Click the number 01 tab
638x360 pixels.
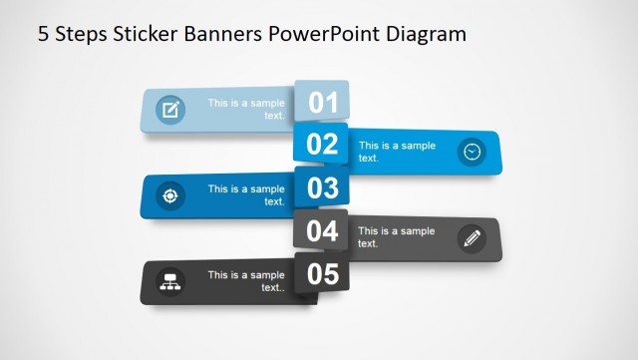pos(322,101)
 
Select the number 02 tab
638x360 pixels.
pos(322,144)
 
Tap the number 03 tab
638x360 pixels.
pos(322,187)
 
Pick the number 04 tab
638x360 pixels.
pos(322,230)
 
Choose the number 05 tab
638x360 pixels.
pos(322,273)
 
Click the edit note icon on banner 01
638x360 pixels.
pos(170,110)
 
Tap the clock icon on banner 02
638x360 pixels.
pos(472,152)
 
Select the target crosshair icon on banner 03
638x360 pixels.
pos(170,195)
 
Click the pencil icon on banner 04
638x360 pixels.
pos(472,238)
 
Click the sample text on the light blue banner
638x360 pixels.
pos(246,109)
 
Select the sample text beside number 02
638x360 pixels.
pos(397,152)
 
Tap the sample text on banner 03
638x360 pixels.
pos(246,194)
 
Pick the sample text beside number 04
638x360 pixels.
pos(397,237)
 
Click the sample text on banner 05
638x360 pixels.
pos(246,281)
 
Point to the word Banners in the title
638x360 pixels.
pos(229,34)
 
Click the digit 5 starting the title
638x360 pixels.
pos(43,34)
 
